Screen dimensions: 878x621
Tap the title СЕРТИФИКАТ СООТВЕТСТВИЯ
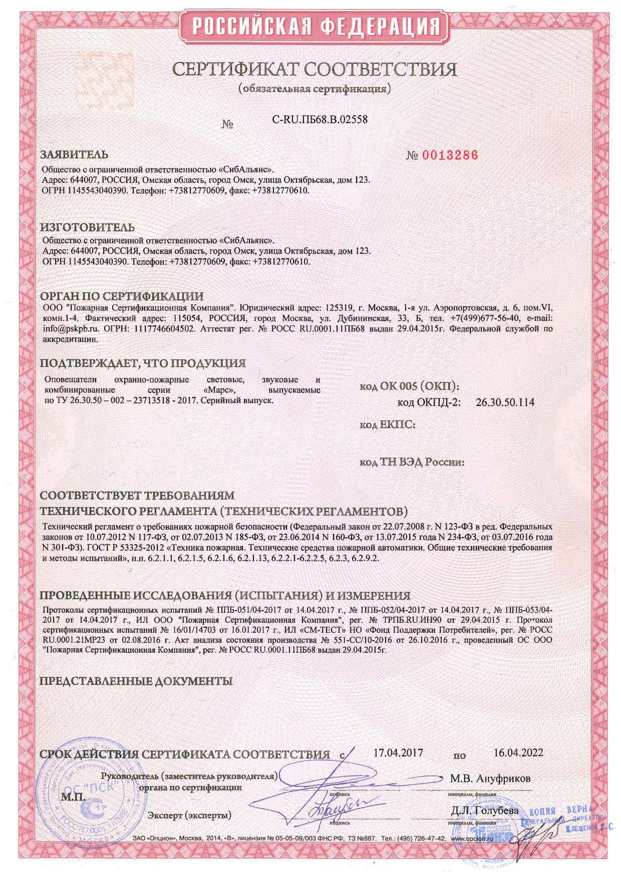click(x=315, y=69)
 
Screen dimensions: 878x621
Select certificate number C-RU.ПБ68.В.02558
click(x=320, y=120)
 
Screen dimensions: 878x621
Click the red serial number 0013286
click(x=450, y=155)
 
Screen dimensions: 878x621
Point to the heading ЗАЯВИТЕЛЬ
click(x=74, y=154)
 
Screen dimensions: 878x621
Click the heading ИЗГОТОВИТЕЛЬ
click(x=87, y=228)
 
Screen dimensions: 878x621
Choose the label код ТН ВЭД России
click(x=412, y=462)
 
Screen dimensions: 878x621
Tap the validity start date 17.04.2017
click(x=399, y=753)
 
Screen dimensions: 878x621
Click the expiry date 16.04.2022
click(x=518, y=753)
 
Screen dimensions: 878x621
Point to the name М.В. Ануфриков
click(x=490, y=778)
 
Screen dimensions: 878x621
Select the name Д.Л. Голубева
click(x=484, y=810)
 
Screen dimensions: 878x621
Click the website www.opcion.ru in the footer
click(x=472, y=838)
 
